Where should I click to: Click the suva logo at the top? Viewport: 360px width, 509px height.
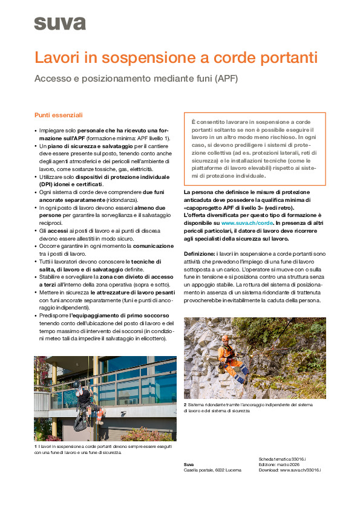59,24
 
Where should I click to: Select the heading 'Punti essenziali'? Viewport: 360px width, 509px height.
58,115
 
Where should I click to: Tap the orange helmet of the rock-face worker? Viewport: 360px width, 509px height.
224,339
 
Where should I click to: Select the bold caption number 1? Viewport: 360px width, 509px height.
36,447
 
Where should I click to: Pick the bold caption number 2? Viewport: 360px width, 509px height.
185,404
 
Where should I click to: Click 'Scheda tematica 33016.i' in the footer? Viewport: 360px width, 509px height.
281,459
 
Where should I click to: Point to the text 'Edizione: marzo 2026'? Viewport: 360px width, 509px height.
278,464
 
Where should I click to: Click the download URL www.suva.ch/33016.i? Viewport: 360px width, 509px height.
300,470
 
